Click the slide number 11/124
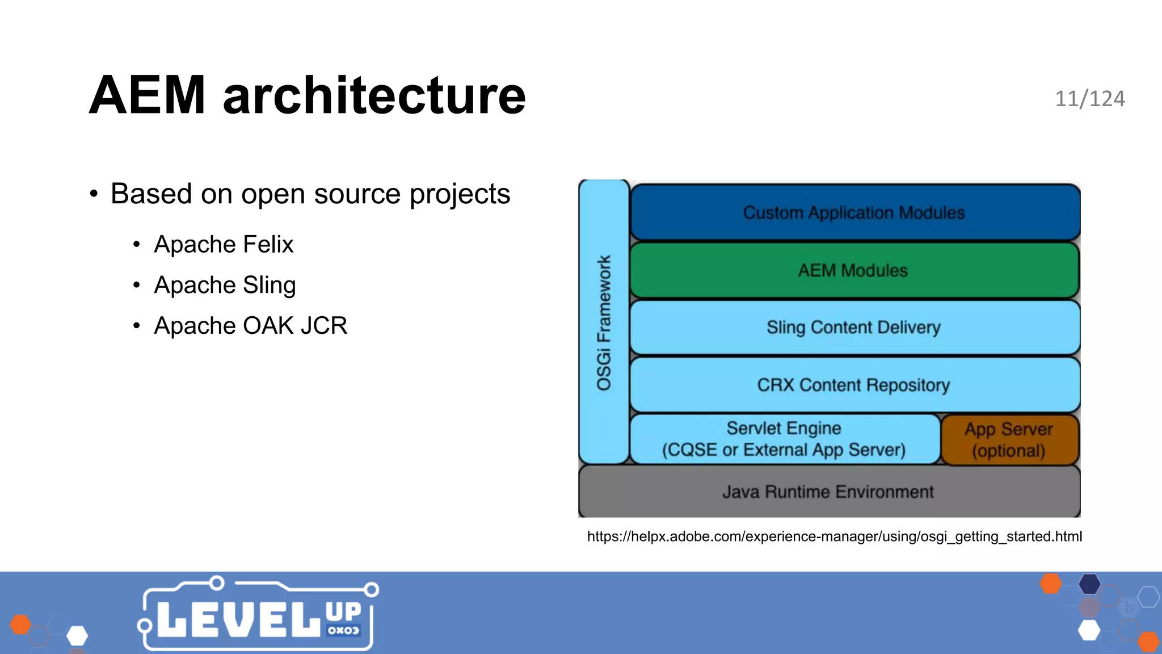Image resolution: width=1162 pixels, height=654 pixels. (1089, 99)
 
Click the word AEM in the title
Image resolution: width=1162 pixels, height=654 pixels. (147, 95)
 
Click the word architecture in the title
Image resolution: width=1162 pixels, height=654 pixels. (374, 95)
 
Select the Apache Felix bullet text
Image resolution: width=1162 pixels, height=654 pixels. (224, 245)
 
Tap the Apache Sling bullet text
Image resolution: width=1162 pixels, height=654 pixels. (225, 285)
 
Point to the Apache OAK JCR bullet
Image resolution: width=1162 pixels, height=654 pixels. (250, 326)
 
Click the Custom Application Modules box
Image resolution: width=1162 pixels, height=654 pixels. (854, 213)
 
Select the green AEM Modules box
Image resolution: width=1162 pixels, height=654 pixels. (854, 270)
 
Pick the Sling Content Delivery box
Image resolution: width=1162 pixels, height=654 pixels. (854, 328)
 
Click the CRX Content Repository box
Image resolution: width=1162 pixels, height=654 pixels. (854, 385)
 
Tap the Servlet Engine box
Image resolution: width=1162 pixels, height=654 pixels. (784, 439)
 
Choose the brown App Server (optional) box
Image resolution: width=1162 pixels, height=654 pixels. (1009, 440)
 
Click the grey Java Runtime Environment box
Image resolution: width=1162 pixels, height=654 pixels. (828, 492)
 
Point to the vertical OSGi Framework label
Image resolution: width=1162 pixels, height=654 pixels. (604, 322)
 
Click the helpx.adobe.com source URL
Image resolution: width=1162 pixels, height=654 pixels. (834, 536)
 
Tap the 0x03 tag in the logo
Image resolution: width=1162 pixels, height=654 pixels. (343, 630)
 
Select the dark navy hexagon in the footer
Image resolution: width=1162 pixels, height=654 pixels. (1089, 584)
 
